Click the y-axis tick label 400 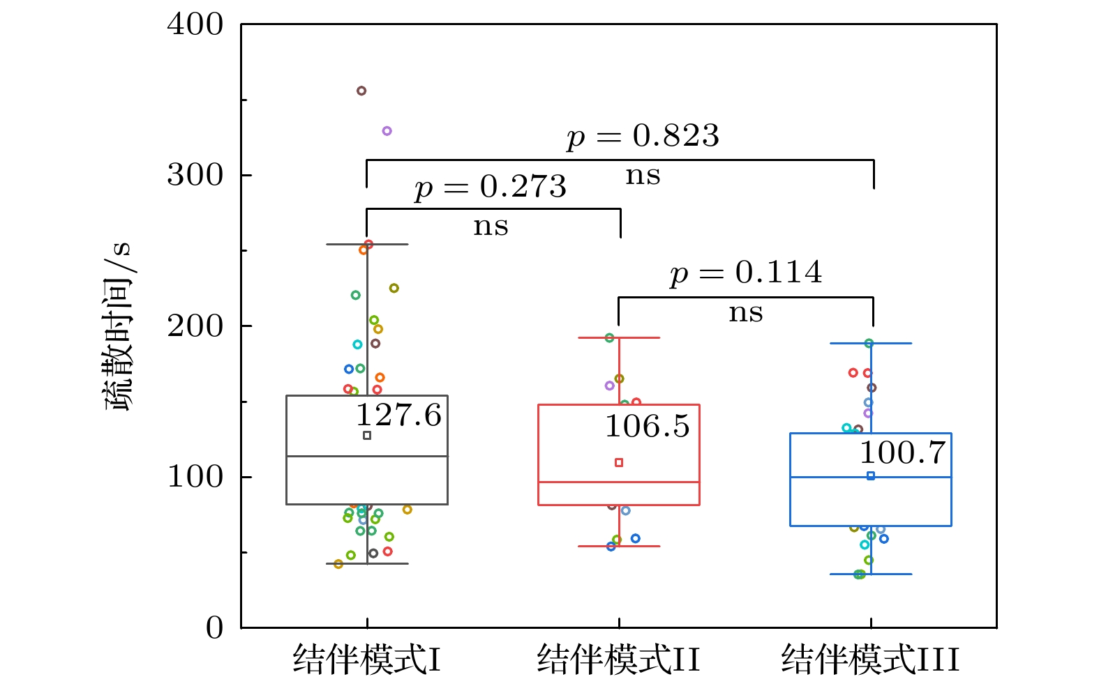point(195,25)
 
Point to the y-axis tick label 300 point(195,175)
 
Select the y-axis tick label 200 point(195,326)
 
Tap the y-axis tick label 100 point(195,477)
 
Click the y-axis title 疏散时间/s point(117,326)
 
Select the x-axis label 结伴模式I point(367,660)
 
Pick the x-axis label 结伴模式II point(618,660)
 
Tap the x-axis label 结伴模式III point(870,660)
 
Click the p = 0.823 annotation point(643,136)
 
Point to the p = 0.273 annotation point(490,187)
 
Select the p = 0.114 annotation point(746,273)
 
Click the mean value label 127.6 point(398,416)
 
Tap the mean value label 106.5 point(647,427)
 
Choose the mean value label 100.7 point(902,453)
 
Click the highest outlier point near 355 point(361,91)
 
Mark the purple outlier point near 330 point(387,131)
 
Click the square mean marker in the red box point(619,462)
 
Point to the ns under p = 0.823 point(643,176)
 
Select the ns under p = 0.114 point(746,313)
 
